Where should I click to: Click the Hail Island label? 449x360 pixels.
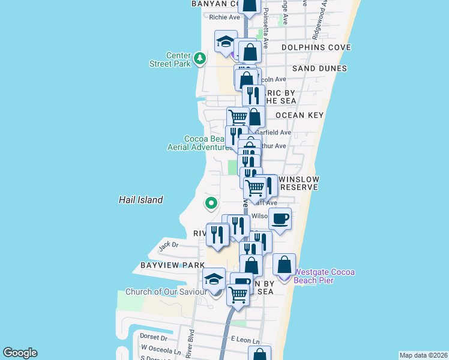pyautogui.click(x=140, y=200)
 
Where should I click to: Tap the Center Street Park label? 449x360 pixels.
pyautogui.click(x=170, y=59)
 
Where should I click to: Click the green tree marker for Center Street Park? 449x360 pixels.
pyautogui.click(x=200, y=59)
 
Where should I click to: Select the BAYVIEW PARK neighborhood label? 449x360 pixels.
pyautogui.click(x=164, y=265)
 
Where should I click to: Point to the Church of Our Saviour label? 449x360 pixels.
pyautogui.click(x=164, y=292)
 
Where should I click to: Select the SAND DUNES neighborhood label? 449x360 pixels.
pyautogui.click(x=319, y=68)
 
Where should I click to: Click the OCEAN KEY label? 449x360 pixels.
pyautogui.click(x=300, y=115)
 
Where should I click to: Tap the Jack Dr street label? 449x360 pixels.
pyautogui.click(x=168, y=245)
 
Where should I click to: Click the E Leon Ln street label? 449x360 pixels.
pyautogui.click(x=246, y=340)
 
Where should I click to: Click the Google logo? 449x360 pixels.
pyautogui.click(x=20, y=353)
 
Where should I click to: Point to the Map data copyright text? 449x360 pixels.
pyautogui.click(x=423, y=355)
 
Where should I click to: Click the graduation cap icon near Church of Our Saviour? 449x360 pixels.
pyautogui.click(x=214, y=279)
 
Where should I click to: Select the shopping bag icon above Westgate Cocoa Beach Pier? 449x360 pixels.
pyautogui.click(x=285, y=264)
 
